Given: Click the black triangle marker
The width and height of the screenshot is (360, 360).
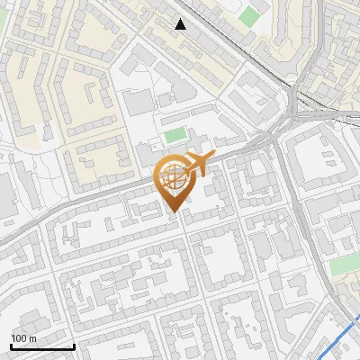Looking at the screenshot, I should [x=181, y=23].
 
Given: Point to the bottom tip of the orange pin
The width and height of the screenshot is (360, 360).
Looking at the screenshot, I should [x=174, y=212].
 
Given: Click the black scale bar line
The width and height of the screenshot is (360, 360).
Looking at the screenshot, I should [x=42, y=346].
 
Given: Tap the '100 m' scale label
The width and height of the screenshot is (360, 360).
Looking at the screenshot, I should [x=24, y=337].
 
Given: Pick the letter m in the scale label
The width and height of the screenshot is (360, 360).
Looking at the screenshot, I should [x=33, y=337].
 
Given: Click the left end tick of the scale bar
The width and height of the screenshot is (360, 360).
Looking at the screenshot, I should [x=12, y=345].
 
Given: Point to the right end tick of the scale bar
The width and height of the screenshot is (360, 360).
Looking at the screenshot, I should [x=74, y=345].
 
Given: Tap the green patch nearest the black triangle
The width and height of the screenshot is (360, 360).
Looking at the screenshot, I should [x=249, y=15].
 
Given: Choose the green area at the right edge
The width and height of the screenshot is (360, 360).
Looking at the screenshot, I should [x=343, y=266].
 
